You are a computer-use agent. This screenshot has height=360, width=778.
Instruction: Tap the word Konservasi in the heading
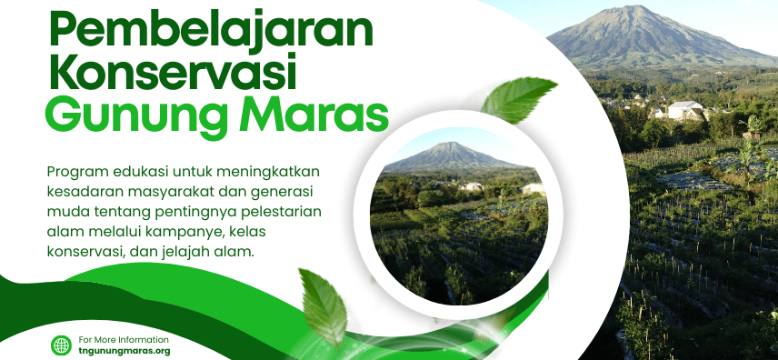(x=172, y=74)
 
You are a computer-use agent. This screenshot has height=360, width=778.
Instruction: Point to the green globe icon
(x=61, y=345)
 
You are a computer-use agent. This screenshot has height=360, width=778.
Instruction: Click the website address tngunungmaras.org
(x=124, y=351)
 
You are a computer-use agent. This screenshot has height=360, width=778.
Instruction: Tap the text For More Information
(x=124, y=340)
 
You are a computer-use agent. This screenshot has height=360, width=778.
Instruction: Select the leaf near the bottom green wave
(x=323, y=307)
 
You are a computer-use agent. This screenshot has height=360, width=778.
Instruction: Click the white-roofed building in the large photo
(x=685, y=110)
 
